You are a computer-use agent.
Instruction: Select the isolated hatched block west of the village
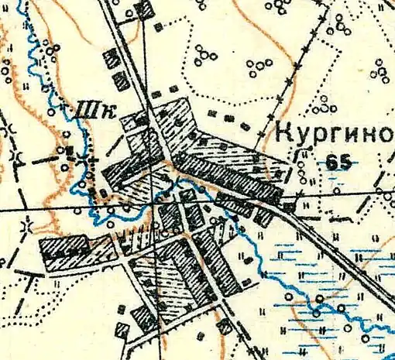point(64,249)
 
